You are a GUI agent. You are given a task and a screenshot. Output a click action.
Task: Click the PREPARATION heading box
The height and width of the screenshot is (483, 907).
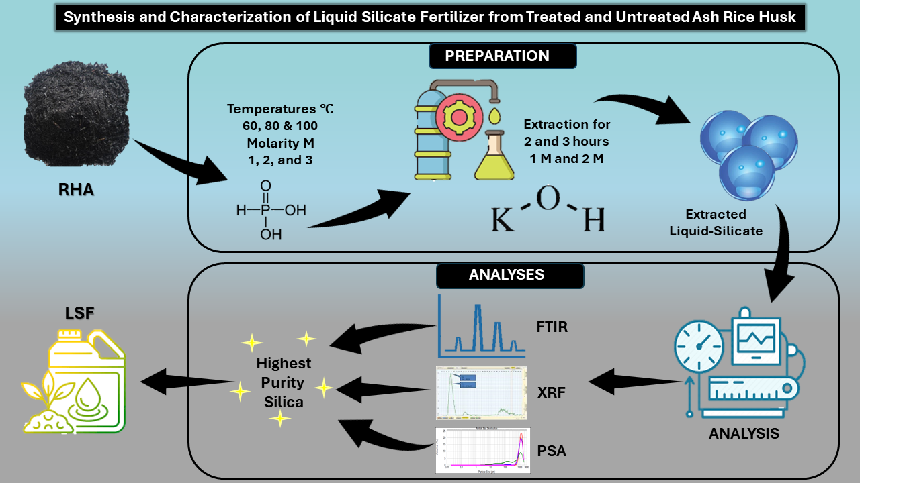pos(497,56)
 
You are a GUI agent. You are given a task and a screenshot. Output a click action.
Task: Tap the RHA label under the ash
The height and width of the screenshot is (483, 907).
pos(75,190)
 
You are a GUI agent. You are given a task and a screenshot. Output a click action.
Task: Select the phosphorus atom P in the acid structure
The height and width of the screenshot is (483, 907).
pos(267,210)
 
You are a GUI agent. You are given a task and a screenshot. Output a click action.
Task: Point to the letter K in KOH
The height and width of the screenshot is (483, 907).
pos(505,219)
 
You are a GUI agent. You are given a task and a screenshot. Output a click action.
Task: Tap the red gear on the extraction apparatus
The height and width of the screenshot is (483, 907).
pos(459,117)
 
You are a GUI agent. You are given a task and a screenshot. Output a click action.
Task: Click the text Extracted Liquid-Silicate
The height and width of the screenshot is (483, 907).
pos(716,223)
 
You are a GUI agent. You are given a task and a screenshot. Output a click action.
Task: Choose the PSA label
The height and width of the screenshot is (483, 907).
pos(552,451)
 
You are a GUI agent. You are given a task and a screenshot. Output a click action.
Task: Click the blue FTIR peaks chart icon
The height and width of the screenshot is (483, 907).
pos(479,327)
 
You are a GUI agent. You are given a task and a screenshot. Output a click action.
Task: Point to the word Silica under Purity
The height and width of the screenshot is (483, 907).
pos(284,402)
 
